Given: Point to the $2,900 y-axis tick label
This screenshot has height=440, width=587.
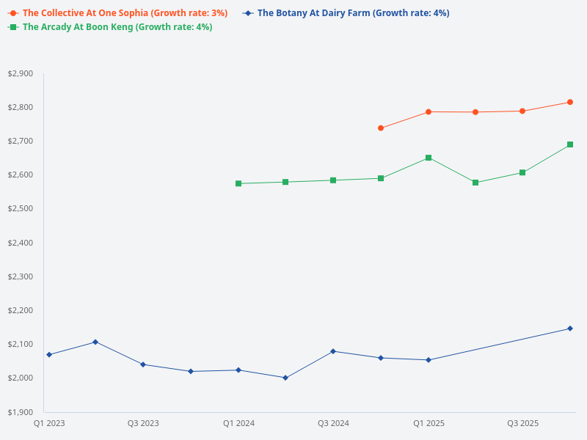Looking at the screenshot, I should pyautogui.click(x=20, y=73).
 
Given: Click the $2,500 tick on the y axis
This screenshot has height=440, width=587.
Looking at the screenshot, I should pyautogui.click(x=20, y=209).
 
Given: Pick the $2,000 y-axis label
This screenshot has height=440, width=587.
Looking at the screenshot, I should pyautogui.click(x=20, y=378).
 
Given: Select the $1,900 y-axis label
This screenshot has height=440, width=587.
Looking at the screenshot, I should pyautogui.click(x=20, y=412).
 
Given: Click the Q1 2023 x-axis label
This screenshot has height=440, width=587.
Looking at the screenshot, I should pyautogui.click(x=49, y=423).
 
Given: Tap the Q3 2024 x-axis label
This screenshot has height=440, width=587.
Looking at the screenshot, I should pyautogui.click(x=333, y=423).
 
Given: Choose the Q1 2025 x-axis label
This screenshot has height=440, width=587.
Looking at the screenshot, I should pyautogui.click(x=429, y=423).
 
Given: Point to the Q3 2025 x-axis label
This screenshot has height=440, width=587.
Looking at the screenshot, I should pyautogui.click(x=523, y=423).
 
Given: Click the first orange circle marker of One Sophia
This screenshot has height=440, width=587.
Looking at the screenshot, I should pyautogui.click(x=381, y=128).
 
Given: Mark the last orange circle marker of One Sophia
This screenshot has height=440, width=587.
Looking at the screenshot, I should pyautogui.click(x=570, y=102).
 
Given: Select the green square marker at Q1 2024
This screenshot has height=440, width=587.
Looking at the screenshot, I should pyautogui.click(x=238, y=183).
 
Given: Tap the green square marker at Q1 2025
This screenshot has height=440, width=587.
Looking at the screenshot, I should pyautogui.click(x=429, y=158).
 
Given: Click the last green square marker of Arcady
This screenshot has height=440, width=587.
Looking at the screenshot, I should pyautogui.click(x=570, y=144).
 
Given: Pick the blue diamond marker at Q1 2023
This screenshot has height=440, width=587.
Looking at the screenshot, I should pyautogui.click(x=49, y=355).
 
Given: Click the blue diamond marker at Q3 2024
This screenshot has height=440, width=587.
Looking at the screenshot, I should pyautogui.click(x=333, y=351).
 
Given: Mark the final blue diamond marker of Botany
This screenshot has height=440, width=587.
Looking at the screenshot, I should pyautogui.click(x=570, y=329).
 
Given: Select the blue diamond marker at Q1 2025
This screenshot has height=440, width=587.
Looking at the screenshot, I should pyautogui.click(x=429, y=360).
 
